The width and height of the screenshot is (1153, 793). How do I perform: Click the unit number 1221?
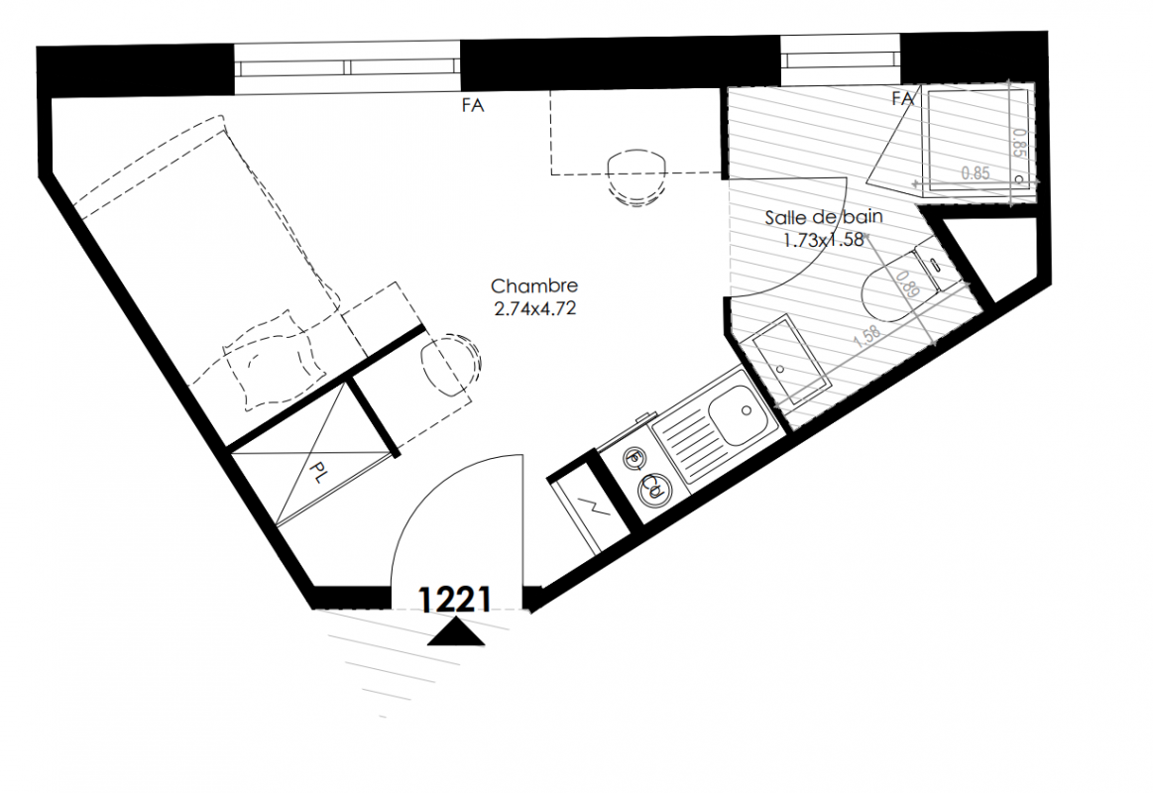[454, 600]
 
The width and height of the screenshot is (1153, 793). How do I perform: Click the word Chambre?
[534, 285]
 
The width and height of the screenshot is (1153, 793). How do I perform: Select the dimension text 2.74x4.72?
[534, 308]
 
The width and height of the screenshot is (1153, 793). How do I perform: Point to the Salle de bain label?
[824, 217]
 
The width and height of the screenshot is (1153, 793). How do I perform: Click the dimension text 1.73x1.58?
[824, 240]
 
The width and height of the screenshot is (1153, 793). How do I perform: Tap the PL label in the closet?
[317, 473]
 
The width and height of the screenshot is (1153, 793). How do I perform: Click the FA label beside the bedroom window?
[473, 106]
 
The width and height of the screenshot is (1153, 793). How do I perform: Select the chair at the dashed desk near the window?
[636, 176]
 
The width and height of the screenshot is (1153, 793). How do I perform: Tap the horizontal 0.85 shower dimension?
[976, 174]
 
